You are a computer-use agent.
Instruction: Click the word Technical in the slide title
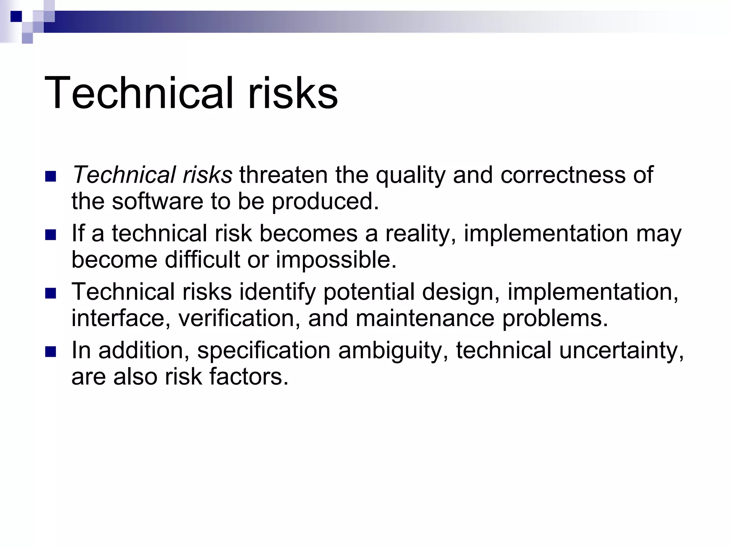pyautogui.click(x=139, y=93)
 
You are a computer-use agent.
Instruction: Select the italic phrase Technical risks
pyautogui.click(x=152, y=175)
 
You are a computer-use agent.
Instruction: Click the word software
pyautogui.click(x=157, y=201)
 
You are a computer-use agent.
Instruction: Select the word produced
pyautogui.click(x=325, y=202)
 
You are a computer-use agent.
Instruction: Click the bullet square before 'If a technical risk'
pyautogui.click(x=51, y=235)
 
